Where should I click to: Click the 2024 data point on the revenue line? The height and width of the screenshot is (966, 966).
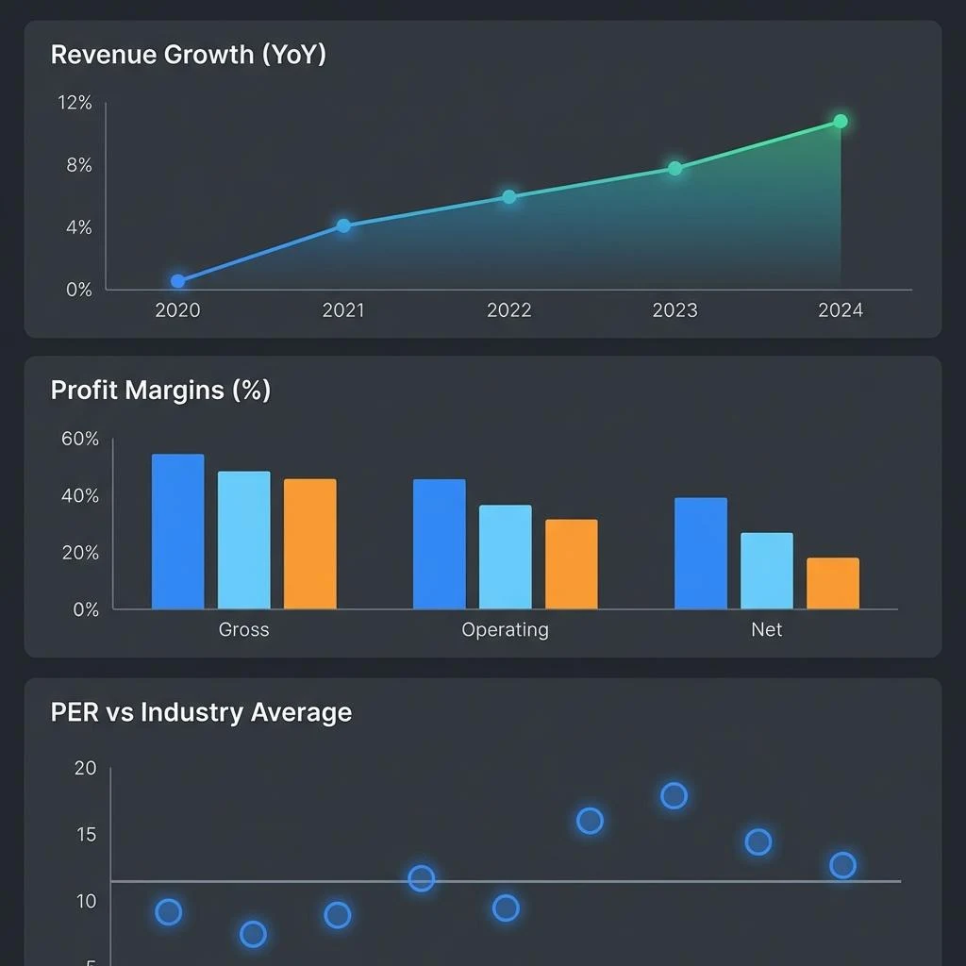pos(841,122)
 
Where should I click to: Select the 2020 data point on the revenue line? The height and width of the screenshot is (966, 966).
pos(178,281)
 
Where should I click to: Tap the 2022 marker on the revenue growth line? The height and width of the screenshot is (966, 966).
pos(509,197)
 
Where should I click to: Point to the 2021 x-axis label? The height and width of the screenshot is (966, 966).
pos(343,310)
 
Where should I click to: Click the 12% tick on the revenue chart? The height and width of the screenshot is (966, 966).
pos(75,103)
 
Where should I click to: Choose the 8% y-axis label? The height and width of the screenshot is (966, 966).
pos(78,166)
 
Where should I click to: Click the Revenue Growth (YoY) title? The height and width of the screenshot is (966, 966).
pos(188,55)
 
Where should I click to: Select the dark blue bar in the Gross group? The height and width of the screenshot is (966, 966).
pos(178,531)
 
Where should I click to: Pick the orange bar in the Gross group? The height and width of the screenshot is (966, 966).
pos(309,543)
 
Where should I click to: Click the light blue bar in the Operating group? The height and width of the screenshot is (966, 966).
pos(506,557)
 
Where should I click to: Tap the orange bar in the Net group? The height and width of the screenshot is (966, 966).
pos(833,583)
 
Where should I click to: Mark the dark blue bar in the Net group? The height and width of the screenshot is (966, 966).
pos(701,553)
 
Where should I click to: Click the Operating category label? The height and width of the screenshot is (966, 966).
pos(505,630)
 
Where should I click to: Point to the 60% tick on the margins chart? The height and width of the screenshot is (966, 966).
pos(79,439)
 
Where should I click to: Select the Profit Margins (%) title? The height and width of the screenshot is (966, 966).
pos(160,391)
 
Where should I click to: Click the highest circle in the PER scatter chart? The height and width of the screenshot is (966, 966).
pos(674,796)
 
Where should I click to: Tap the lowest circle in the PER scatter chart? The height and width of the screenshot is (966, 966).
pos(253,935)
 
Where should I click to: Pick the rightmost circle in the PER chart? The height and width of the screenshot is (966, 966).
pos(842,865)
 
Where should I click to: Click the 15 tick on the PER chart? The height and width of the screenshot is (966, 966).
pos(85,835)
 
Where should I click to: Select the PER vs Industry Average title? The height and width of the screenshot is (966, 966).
pos(201,712)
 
